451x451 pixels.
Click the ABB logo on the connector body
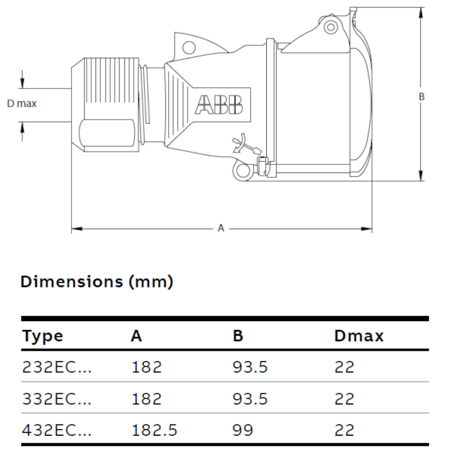click(x=219, y=105)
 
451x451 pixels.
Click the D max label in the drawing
click(x=22, y=104)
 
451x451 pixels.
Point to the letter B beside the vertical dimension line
click(x=422, y=97)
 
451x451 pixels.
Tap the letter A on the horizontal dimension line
click(x=221, y=228)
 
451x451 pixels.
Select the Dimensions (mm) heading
click(x=97, y=282)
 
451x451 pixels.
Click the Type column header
click(x=43, y=336)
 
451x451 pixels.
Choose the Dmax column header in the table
click(x=359, y=336)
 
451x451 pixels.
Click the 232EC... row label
click(x=57, y=367)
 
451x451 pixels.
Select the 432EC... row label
click(x=57, y=430)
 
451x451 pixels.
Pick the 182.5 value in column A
click(x=154, y=430)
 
